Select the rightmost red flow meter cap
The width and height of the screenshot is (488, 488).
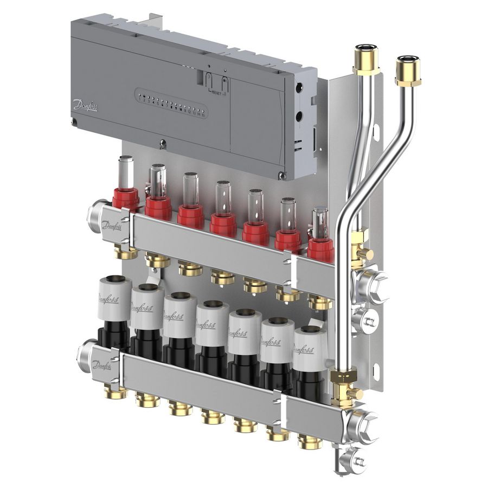(x=320, y=249)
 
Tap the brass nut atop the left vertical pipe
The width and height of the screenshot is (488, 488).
(x=362, y=62)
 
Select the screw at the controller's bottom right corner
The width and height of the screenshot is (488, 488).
(x=280, y=175)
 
